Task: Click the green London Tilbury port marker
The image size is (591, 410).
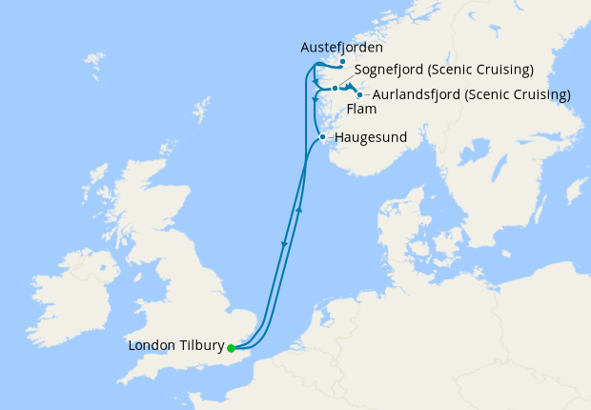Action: (231, 348)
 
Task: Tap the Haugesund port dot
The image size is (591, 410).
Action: (323, 137)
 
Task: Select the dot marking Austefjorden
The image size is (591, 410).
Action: (342, 60)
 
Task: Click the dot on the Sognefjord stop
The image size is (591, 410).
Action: (335, 88)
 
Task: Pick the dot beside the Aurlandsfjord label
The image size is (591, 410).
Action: (358, 94)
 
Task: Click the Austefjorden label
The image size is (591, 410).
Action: (341, 47)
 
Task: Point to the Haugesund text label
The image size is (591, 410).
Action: (371, 137)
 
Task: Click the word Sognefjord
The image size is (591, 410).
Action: (391, 70)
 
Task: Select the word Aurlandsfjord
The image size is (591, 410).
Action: (414, 94)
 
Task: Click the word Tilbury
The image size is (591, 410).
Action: (199, 345)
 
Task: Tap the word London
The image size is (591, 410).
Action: (150, 345)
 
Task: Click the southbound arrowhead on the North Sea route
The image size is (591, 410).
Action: (284, 246)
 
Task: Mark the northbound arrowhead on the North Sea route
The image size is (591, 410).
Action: (299, 209)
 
